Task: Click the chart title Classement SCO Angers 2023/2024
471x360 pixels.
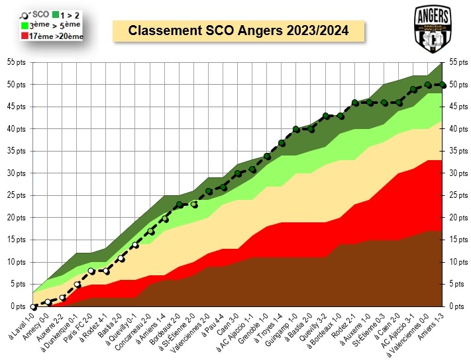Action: click(238, 31)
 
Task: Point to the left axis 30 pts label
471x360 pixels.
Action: click(15, 173)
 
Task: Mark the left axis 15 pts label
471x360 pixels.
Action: click(15, 240)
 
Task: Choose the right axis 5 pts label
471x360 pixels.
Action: click(457, 284)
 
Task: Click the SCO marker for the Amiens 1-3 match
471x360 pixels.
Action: click(443, 84)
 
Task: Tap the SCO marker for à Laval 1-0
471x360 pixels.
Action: click(34, 307)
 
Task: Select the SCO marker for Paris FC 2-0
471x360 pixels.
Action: click(91, 271)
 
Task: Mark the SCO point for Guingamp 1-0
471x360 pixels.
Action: click(296, 129)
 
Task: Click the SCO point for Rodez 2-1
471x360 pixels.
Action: click(354, 103)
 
